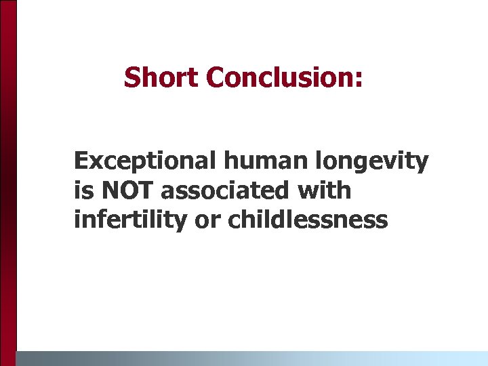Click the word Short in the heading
pos(162,78)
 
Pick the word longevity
pos(357,163)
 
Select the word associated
pos(226,190)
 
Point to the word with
pos(325,190)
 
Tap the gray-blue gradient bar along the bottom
pos(251,358)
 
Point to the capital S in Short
pos(131,78)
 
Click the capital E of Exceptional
pos(80,161)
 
